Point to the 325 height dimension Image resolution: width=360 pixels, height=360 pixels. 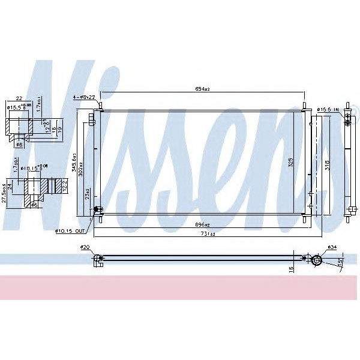290,162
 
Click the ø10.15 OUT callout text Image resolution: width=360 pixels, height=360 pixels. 72,230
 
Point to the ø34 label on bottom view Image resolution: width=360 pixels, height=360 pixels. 331,247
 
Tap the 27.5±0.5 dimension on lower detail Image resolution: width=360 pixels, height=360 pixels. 5,195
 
